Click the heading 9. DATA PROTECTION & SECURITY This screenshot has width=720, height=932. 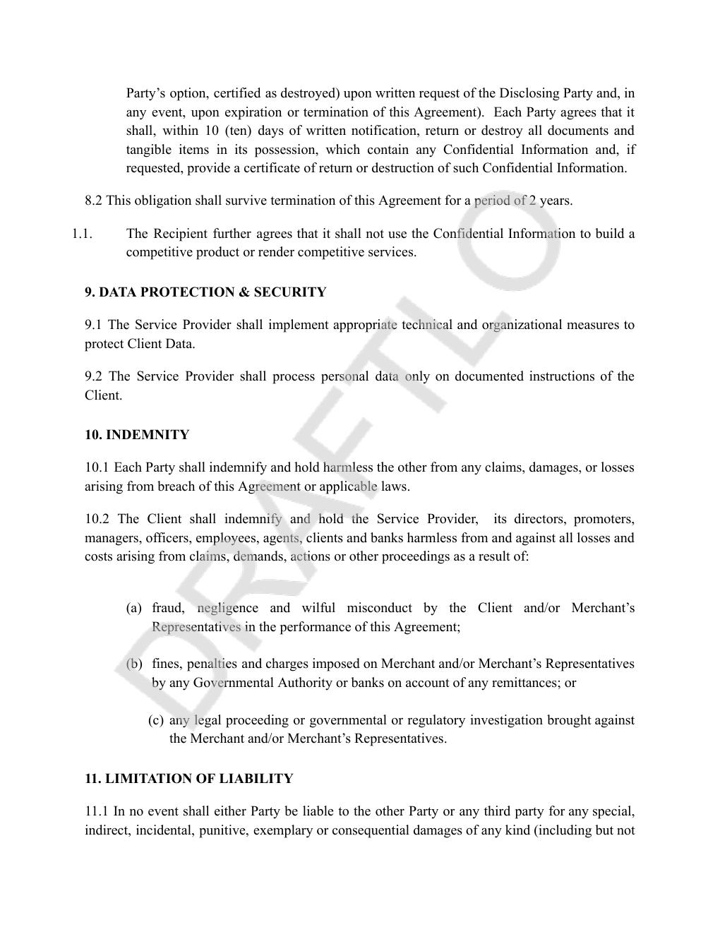[205, 292]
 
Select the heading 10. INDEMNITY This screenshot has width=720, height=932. [137, 435]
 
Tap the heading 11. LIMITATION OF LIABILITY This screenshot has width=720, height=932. [188, 779]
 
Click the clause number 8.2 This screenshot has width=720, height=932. [93, 201]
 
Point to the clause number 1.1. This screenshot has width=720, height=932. [82, 234]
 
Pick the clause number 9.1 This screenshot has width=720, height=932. [93, 325]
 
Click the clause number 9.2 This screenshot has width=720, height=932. [94, 376]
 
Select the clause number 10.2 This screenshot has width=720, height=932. [97, 519]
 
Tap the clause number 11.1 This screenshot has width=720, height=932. [96, 811]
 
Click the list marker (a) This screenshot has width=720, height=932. [134, 608]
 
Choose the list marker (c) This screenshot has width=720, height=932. [156, 720]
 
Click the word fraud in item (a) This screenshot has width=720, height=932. [168, 608]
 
